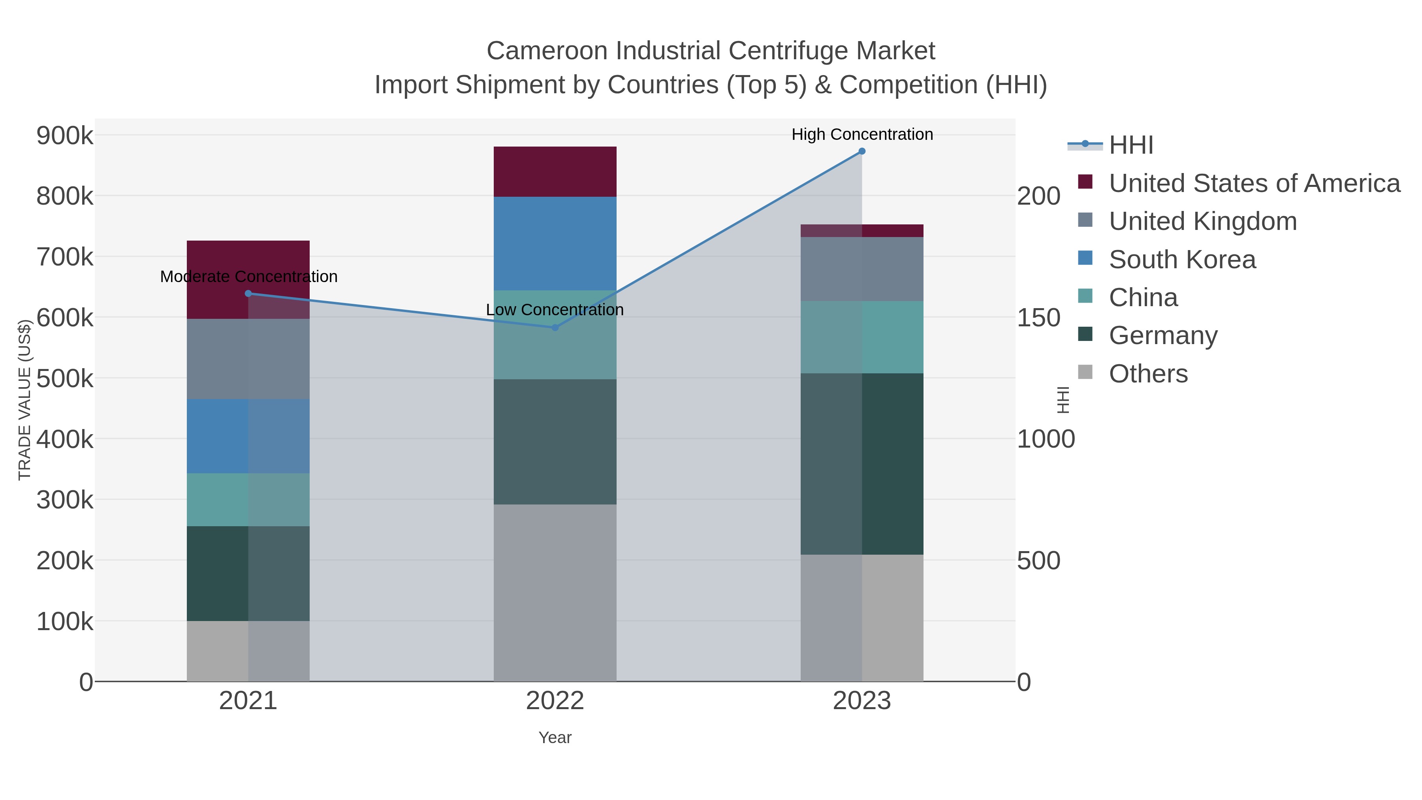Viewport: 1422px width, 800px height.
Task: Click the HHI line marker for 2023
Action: (x=862, y=151)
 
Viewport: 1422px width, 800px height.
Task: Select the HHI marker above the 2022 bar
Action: (x=555, y=328)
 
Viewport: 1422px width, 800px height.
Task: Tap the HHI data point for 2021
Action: (x=248, y=293)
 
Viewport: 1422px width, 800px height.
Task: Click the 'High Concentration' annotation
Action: (x=862, y=134)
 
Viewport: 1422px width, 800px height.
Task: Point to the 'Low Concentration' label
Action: (x=555, y=310)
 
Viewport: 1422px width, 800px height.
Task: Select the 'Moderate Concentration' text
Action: (x=248, y=277)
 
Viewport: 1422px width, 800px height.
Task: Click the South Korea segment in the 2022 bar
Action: (x=555, y=243)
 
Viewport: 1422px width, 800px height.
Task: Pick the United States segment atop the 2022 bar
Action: (x=555, y=172)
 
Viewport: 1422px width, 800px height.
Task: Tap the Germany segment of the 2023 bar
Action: (x=862, y=464)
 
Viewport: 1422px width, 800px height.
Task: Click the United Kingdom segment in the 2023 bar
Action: (x=862, y=269)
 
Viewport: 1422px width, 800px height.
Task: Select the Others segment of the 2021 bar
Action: (x=248, y=651)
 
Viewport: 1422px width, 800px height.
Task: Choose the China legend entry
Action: (x=1143, y=297)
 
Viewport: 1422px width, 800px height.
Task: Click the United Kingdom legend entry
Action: (x=1202, y=221)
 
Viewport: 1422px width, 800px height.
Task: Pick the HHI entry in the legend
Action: (x=1130, y=145)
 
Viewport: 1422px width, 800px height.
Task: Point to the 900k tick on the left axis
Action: (x=65, y=135)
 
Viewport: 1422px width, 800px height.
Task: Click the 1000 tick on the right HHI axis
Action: (x=1046, y=439)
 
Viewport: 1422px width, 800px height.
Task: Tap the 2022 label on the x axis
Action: (x=555, y=701)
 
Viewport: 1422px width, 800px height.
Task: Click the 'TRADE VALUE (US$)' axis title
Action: (x=25, y=400)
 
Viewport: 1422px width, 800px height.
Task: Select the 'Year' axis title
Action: (x=555, y=738)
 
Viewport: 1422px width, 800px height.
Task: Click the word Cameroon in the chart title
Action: (x=547, y=51)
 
